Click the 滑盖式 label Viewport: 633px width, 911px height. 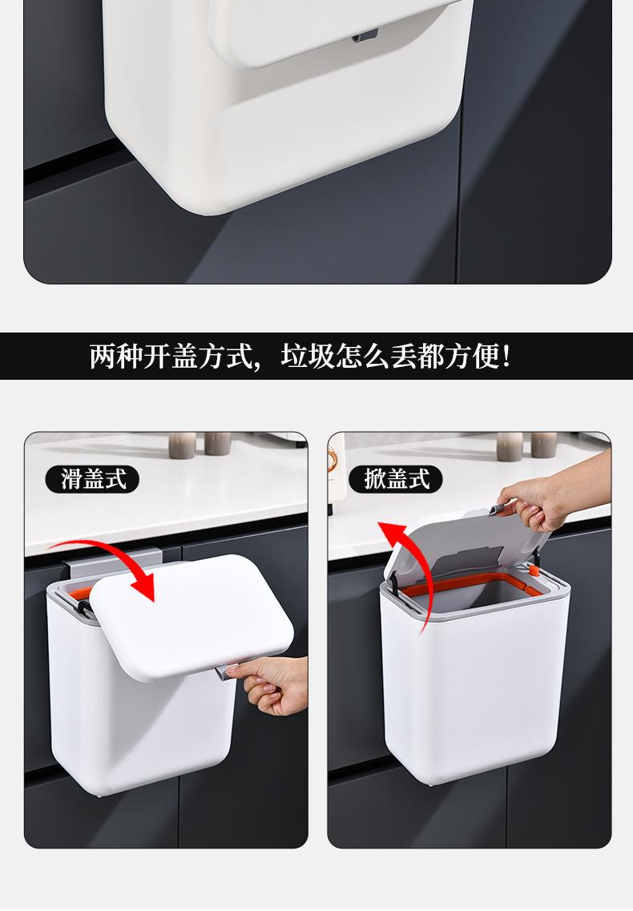tap(92, 479)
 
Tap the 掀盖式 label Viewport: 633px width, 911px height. tap(396, 479)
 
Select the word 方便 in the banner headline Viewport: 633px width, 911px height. tap(472, 357)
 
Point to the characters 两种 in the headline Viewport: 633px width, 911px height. tap(116, 357)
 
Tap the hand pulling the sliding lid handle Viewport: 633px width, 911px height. tap(270, 683)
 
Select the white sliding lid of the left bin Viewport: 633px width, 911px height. tap(192, 616)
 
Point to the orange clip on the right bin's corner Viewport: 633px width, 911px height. tap(533, 570)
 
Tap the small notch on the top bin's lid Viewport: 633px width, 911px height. tap(365, 36)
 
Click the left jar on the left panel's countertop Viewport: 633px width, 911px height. tap(183, 445)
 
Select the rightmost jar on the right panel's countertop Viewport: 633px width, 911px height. tap(544, 445)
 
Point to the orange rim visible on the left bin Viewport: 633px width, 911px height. tap(75, 593)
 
